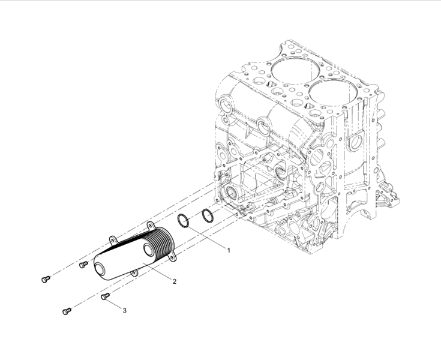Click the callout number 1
[x=229, y=250]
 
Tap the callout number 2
[x=175, y=281]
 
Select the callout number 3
[x=124, y=311]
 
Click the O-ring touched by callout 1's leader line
[x=183, y=221]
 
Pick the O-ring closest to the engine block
[x=208, y=215]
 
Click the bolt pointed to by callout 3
[x=105, y=296]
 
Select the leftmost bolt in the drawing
[x=46, y=279]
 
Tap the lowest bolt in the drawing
[x=67, y=311]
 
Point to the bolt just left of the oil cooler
[x=83, y=265]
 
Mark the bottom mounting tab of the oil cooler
[x=134, y=272]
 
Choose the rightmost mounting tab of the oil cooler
[x=172, y=257]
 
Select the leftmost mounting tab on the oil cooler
[x=113, y=239]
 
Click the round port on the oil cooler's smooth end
[x=100, y=269]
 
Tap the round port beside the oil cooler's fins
[x=148, y=249]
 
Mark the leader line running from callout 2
[x=157, y=271]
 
